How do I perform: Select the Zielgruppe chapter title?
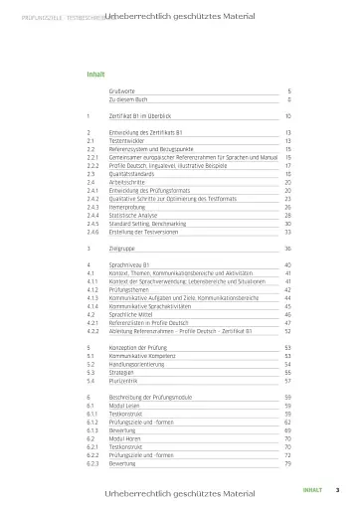pos(122,248)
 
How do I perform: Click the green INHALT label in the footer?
pos(313,489)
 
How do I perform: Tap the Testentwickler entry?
pos(129,140)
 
